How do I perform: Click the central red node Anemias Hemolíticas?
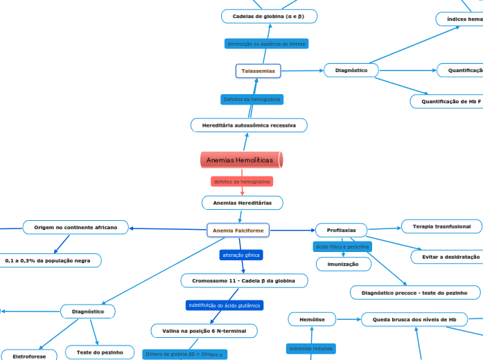point(241,160)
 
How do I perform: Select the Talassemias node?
point(258,71)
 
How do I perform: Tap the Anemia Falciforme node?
point(238,230)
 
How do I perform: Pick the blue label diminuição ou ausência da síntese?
point(266,44)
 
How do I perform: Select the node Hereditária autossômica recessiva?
point(249,125)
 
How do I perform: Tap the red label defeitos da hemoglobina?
point(242,181)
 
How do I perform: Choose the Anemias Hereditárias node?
point(242,202)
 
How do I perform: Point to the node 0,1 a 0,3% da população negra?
point(48,260)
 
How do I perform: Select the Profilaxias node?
point(341,230)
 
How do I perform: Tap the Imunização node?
point(339,264)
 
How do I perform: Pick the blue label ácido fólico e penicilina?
point(342,246)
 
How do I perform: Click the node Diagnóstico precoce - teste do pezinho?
point(414,293)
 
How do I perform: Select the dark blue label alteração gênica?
point(241,255)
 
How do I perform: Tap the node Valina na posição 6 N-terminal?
point(204,331)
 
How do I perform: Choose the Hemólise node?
point(312,319)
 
